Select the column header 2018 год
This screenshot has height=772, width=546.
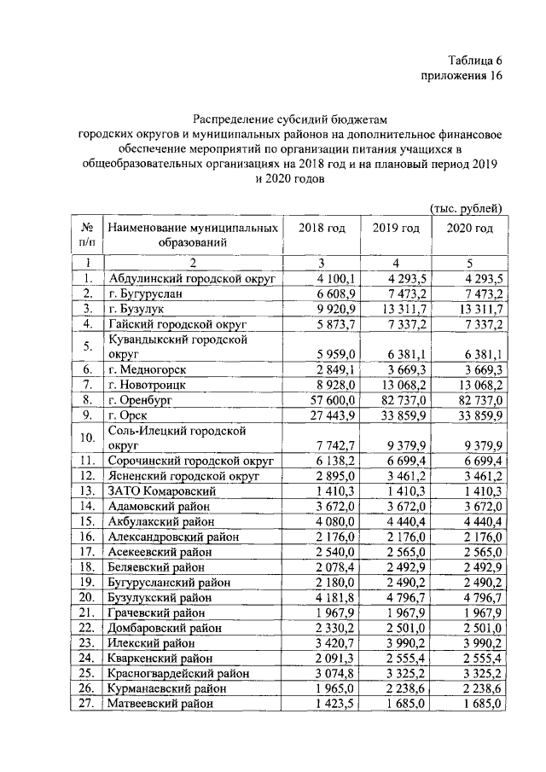tap(322, 229)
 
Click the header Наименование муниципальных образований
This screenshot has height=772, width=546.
tap(192, 235)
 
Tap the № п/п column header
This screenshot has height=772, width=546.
tap(86, 235)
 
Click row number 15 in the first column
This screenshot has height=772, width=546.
tap(86, 521)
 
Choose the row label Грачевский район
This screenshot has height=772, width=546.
tap(156, 613)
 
